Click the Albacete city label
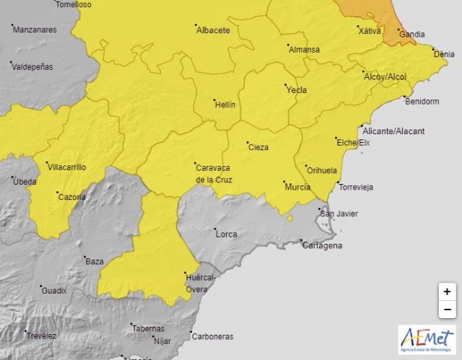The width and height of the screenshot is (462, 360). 213,30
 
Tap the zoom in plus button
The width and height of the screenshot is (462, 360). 447,291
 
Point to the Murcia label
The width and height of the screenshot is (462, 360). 297,187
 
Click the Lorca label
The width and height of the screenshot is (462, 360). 226,234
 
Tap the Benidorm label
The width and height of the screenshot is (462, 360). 423,102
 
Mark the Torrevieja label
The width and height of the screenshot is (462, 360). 356,187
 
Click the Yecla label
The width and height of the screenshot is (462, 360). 296,90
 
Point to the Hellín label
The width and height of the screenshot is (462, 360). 225,105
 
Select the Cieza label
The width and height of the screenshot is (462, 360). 258,147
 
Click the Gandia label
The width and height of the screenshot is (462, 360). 412,34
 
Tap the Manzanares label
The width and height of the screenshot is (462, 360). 35,30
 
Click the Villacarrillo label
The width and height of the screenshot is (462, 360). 66,167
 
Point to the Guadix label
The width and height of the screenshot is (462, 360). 55,291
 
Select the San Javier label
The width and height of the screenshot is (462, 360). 339,214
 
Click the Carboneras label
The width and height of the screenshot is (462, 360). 212,336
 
